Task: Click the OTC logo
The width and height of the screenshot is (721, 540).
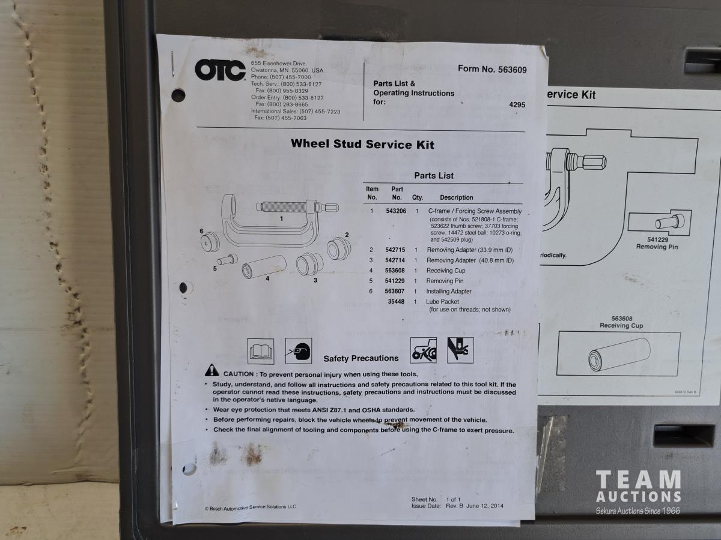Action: [220, 70]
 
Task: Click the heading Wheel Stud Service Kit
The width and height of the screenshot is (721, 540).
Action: [362, 144]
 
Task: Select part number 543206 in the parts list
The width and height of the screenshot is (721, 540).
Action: [396, 211]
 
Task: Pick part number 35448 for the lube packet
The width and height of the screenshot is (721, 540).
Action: [396, 301]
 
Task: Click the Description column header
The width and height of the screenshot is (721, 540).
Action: [457, 197]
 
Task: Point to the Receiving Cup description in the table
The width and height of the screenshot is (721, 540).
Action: [446, 271]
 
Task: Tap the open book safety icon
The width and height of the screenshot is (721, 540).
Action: [261, 352]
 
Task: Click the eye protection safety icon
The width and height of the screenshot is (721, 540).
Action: [298, 351]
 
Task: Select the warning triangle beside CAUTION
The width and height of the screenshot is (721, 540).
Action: [212, 370]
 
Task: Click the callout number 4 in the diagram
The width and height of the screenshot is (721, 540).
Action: [268, 278]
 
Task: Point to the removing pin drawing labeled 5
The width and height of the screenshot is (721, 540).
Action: [227, 260]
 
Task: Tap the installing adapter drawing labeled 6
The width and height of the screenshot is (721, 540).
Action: [210, 242]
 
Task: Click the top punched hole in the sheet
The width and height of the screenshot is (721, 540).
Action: [178, 95]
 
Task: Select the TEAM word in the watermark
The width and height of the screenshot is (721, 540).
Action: [638, 480]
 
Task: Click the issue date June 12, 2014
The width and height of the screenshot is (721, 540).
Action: [484, 506]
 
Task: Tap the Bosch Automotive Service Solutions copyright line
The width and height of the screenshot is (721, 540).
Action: [251, 508]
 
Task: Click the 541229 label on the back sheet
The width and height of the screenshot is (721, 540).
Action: [657, 239]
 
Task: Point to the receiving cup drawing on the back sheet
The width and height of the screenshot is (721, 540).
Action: [619, 355]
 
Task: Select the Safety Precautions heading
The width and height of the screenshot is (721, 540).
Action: [361, 358]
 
